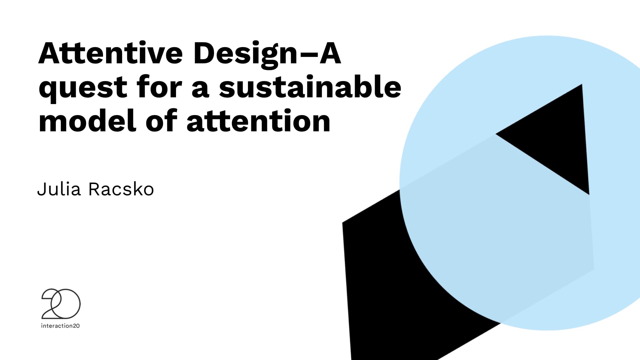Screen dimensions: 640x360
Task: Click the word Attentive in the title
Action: coord(111,53)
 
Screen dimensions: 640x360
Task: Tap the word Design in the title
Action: coord(245,55)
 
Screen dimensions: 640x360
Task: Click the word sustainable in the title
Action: coord(310,87)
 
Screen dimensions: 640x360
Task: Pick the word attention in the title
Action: coord(258,121)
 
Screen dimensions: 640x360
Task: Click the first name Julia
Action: coord(59,189)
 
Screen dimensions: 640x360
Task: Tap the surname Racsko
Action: coord(121,189)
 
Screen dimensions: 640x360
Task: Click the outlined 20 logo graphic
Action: coord(61,304)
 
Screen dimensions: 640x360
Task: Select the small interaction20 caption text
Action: coord(60,326)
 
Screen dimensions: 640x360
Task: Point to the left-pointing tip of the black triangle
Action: coord(496,134)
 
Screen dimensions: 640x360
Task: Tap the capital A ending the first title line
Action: coord(330,53)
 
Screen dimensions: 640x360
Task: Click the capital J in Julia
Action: coord(41,189)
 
